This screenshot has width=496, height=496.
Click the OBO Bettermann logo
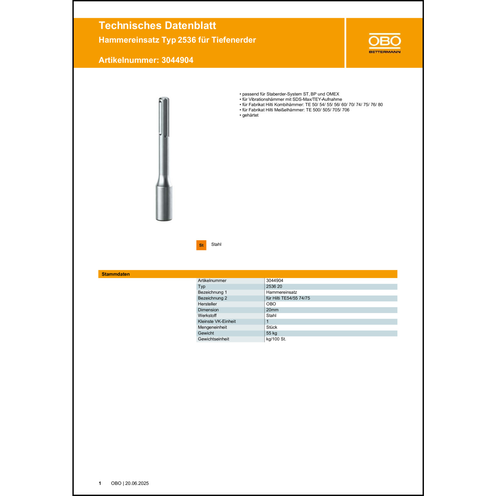(x=385, y=43)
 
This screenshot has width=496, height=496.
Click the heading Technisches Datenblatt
(x=157, y=25)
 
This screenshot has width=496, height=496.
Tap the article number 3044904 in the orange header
(x=177, y=60)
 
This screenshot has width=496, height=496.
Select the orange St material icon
(x=201, y=245)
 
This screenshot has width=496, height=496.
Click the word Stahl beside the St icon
(x=216, y=244)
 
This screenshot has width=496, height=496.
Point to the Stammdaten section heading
(x=116, y=274)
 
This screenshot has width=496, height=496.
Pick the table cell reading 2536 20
(x=274, y=286)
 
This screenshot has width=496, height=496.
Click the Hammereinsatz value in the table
(x=281, y=292)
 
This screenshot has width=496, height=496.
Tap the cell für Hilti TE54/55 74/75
(x=288, y=298)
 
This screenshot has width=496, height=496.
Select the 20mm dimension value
(x=272, y=310)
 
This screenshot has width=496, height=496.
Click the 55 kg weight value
(x=271, y=333)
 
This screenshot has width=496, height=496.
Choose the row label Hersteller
(x=207, y=304)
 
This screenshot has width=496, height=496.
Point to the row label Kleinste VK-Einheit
(x=217, y=321)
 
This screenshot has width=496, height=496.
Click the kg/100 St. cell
(x=276, y=339)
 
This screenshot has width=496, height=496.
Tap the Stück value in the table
(x=271, y=327)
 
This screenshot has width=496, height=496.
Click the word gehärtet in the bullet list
(x=250, y=115)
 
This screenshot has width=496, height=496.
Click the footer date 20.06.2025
(x=137, y=483)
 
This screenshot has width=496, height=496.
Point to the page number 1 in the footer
(x=100, y=483)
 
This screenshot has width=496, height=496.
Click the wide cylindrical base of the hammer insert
(x=164, y=203)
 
